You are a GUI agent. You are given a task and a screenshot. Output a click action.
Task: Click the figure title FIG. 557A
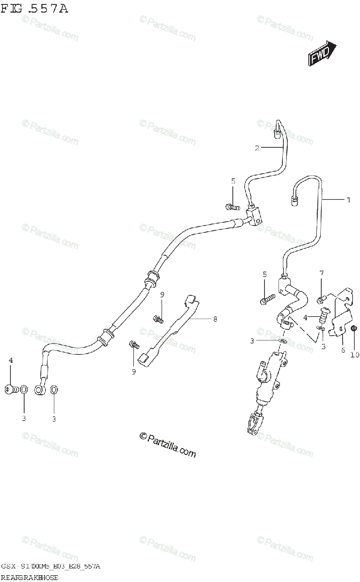point(34,9)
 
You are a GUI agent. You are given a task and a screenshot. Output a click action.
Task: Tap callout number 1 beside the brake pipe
point(348,199)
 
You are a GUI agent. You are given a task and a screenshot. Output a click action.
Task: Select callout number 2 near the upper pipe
point(258,148)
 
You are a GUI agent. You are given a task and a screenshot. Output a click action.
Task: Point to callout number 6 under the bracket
point(343,350)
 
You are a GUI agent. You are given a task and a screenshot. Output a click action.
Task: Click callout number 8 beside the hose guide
point(215,319)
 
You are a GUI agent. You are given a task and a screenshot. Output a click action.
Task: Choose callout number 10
point(355,355)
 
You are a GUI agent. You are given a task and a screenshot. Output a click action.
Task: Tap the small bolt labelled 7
point(321,298)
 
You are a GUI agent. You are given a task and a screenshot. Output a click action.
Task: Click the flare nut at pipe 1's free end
point(294,199)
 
